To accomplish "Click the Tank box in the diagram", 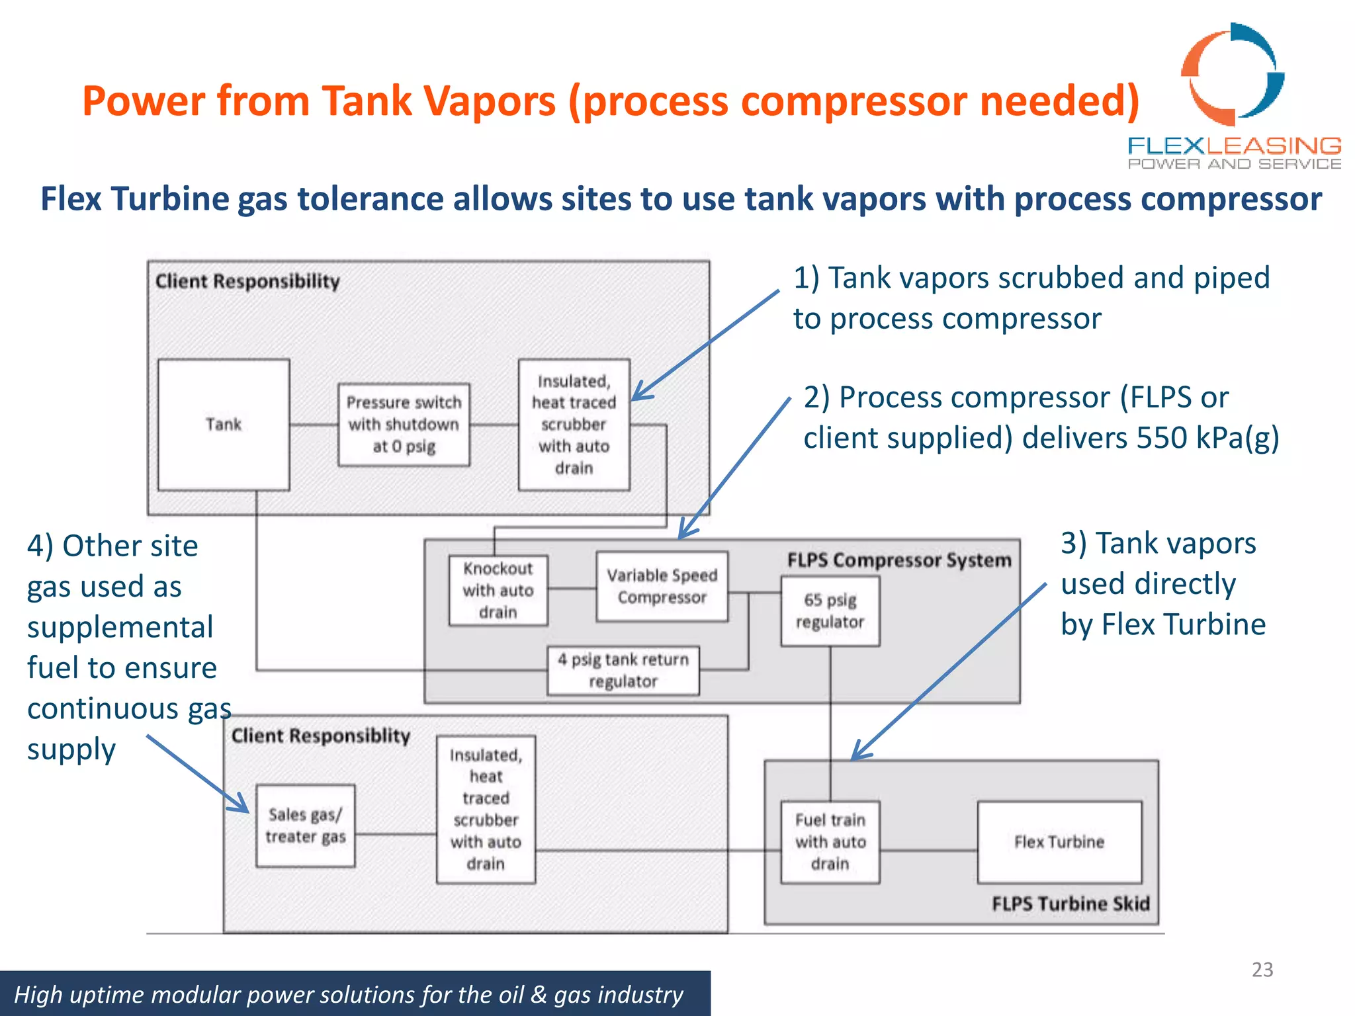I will pyautogui.click(x=224, y=425).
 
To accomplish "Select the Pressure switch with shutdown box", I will pyautogui.click(x=404, y=425).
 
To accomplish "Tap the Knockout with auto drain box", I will pyautogui.click(x=498, y=590).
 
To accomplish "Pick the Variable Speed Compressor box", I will pyautogui.click(x=662, y=586).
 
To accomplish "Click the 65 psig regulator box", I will pyautogui.click(x=830, y=611).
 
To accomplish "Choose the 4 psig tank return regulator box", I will pyautogui.click(x=623, y=670).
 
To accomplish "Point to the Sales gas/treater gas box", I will pyautogui.click(x=306, y=825).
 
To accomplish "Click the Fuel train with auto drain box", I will pyautogui.click(x=830, y=841).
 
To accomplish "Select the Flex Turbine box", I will pyautogui.click(x=1059, y=842).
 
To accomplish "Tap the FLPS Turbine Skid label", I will pyautogui.click(x=1071, y=904).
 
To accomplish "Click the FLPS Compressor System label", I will pyautogui.click(x=899, y=560).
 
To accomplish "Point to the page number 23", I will pyautogui.click(x=1262, y=969).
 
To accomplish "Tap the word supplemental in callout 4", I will pyautogui.click(x=120, y=627).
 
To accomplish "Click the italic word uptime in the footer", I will pyautogui.click(x=97, y=994).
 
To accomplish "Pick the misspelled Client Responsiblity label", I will pyautogui.click(x=321, y=736).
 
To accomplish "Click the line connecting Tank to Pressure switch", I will pyautogui.click(x=314, y=425).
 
